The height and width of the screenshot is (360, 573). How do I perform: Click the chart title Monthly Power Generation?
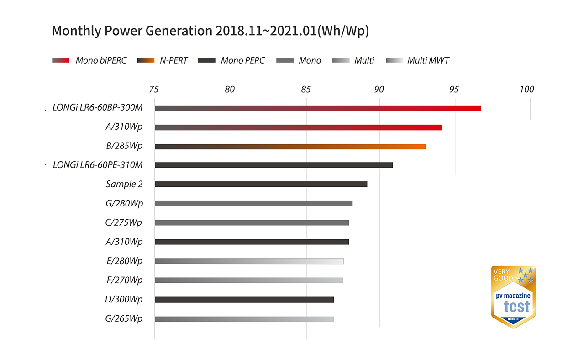(210, 31)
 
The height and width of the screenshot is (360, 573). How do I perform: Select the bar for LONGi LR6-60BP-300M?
(317, 108)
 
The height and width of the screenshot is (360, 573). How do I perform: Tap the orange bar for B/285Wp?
(290, 147)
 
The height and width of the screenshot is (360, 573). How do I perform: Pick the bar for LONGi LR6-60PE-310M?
(273, 165)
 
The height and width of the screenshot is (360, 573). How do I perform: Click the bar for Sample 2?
(261, 184)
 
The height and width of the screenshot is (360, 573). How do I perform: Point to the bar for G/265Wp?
(244, 319)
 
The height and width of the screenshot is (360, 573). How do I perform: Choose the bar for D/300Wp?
(244, 300)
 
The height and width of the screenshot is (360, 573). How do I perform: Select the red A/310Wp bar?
(298, 127)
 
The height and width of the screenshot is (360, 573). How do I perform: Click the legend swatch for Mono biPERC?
(61, 60)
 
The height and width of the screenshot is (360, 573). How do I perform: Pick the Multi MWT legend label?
(428, 60)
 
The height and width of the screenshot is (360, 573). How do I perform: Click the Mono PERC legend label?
(242, 60)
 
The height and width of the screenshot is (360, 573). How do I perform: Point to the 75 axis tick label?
(154, 89)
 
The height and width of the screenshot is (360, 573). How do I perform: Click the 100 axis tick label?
(526, 89)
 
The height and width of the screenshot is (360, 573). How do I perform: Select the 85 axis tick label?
(306, 89)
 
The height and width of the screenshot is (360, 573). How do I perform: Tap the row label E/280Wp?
(124, 261)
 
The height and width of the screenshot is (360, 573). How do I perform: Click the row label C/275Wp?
(123, 222)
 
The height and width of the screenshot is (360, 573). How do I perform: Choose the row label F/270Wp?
(124, 280)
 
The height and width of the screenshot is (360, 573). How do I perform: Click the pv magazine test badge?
(513, 297)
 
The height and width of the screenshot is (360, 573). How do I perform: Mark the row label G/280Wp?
(124, 203)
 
